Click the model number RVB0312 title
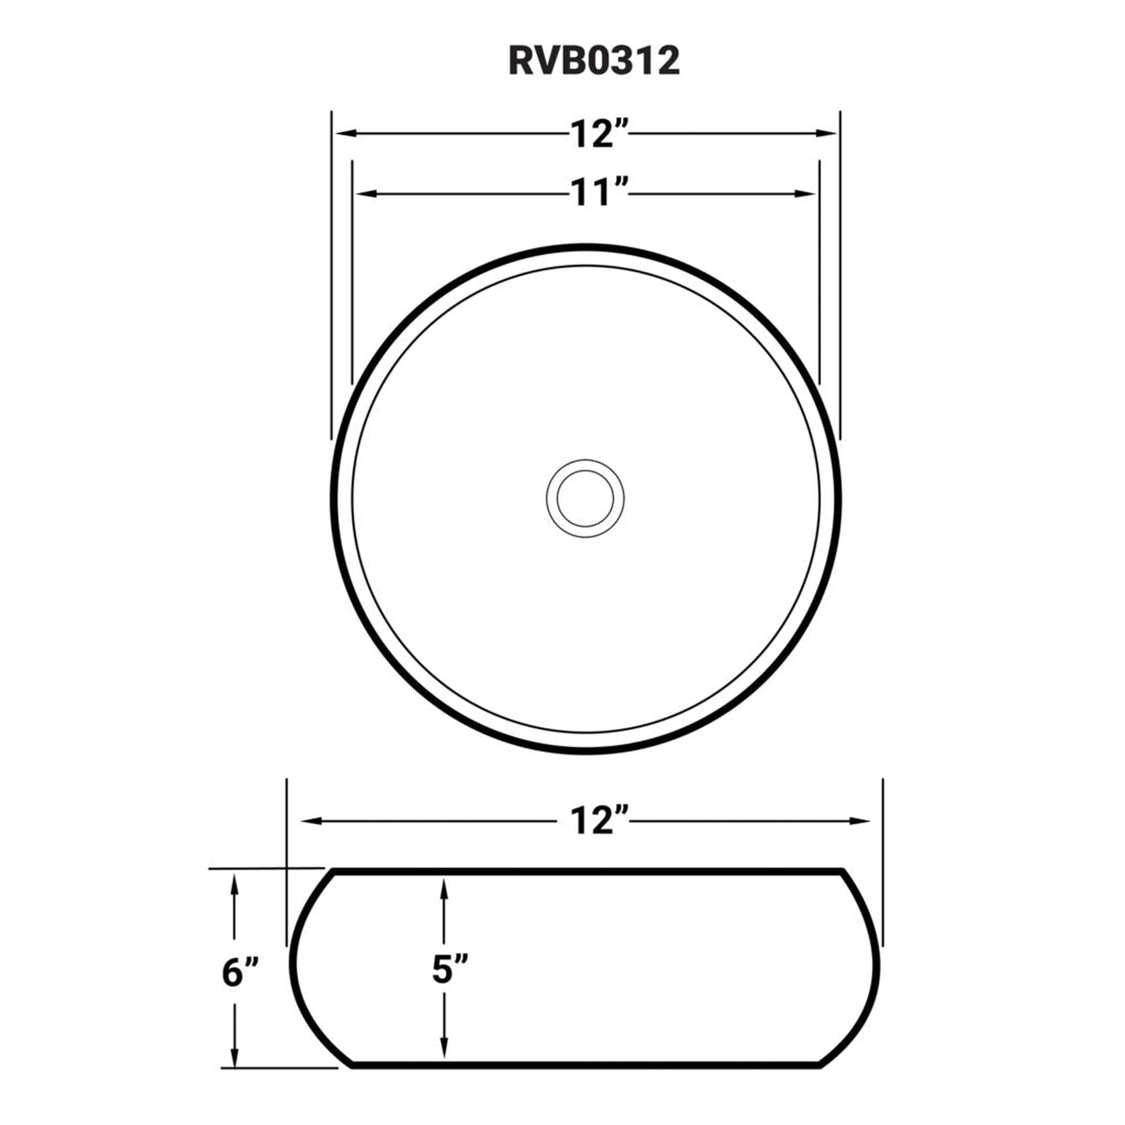click(594, 61)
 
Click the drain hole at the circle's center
click(585, 498)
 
